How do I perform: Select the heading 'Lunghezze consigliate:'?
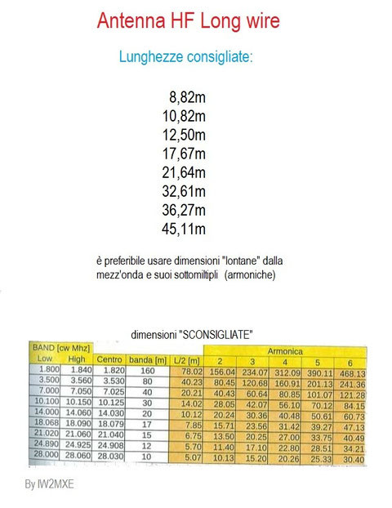(x=185, y=57)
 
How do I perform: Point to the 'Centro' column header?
(x=109, y=359)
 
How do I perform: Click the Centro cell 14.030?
(x=109, y=412)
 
